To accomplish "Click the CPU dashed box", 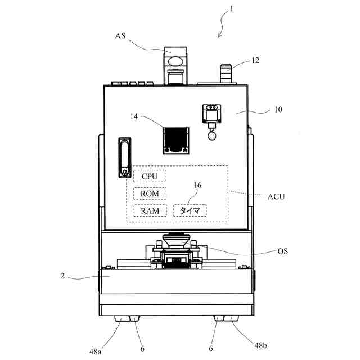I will pyautogui.click(x=150, y=176).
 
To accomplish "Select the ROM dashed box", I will pyautogui.click(x=150, y=193).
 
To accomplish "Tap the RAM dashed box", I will pyautogui.click(x=150, y=211).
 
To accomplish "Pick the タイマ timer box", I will pyautogui.click(x=190, y=211).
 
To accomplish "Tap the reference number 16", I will pyautogui.click(x=197, y=184).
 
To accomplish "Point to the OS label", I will pyautogui.click(x=282, y=251).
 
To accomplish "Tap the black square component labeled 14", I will pyautogui.click(x=175, y=139).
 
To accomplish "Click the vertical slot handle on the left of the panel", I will pyautogui.click(x=124, y=157).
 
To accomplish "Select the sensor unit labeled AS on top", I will pyautogui.click(x=175, y=63).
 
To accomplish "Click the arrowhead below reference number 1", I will pyautogui.click(x=219, y=36).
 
